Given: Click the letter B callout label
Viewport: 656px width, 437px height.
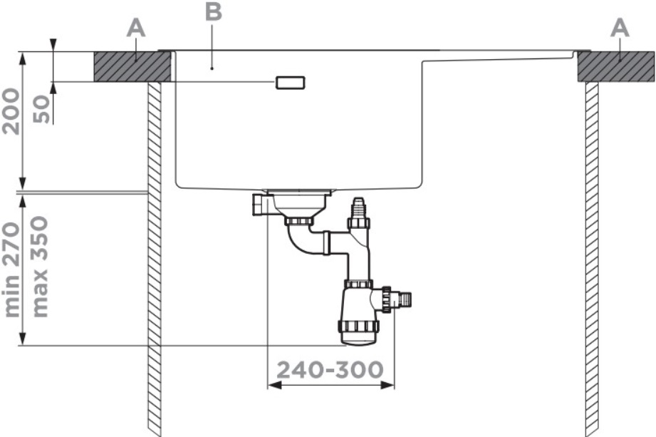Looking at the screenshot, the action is (214, 11).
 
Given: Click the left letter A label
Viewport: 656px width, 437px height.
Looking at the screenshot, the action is (136, 29).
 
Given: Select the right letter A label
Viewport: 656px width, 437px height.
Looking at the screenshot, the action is (620, 29).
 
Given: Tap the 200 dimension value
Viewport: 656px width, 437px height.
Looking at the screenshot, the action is (11, 112).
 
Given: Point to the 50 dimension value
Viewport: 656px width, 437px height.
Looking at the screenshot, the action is (41, 110).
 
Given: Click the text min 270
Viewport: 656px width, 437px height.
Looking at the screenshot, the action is (11, 270).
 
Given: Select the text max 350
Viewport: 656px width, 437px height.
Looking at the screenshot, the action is (40, 267).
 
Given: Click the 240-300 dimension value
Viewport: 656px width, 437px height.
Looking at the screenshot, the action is (330, 369).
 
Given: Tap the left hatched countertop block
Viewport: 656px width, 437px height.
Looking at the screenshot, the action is (132, 66).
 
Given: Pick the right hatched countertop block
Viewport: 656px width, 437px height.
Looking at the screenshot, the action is (616, 66).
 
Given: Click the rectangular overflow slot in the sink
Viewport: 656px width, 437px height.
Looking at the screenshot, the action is (290, 83).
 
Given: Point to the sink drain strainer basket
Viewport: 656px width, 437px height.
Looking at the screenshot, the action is (299, 203).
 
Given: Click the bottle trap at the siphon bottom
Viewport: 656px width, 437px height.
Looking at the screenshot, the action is (358, 313).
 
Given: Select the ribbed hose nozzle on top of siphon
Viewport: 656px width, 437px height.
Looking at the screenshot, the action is (358, 208).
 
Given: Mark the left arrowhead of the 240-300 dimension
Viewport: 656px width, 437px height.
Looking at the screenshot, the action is (274, 385).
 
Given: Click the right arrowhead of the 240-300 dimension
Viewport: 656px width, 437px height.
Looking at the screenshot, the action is (387, 385).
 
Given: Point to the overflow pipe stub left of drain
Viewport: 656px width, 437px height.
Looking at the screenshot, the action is (260, 204).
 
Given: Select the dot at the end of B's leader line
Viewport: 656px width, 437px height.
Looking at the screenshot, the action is (212, 68).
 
